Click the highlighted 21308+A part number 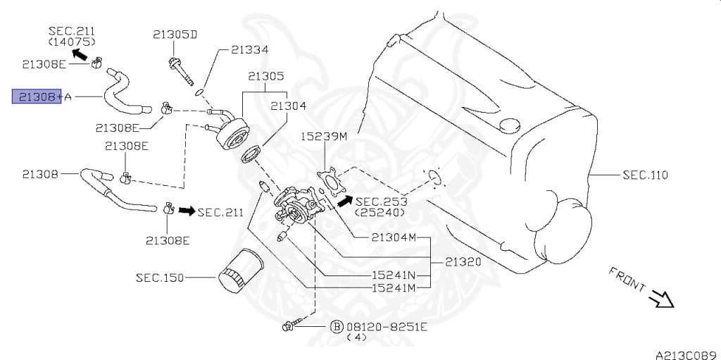pos(37,97)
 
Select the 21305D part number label pos(175,34)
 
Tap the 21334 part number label pos(250,50)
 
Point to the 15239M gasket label pos(324,136)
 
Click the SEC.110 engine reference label pos(645,175)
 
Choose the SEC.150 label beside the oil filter pos(160,278)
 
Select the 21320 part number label pos(463,262)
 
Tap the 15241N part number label pos(394,275)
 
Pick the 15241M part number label pos(394,287)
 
